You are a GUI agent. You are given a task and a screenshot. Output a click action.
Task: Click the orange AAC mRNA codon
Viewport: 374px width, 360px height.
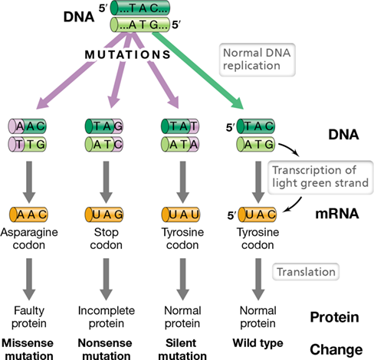(x=28, y=214)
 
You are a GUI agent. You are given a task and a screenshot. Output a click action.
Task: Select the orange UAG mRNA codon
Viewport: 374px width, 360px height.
(x=104, y=214)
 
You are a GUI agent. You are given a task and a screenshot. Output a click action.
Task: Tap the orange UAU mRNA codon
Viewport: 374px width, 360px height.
(x=180, y=214)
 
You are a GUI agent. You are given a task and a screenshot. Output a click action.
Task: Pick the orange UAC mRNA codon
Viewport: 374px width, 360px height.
(x=257, y=214)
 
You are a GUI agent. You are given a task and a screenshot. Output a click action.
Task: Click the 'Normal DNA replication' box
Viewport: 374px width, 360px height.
(x=258, y=60)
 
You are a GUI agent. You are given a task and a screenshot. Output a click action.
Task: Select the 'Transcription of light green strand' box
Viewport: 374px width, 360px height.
(x=320, y=177)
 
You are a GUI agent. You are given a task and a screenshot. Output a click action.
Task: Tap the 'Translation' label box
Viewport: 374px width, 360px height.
(x=306, y=272)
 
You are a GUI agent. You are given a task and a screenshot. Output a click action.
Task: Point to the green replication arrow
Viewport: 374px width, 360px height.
(x=198, y=71)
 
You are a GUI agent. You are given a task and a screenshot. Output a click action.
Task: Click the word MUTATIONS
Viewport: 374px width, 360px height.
(x=127, y=54)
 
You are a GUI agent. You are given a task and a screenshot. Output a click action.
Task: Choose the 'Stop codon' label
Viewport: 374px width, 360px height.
(x=106, y=238)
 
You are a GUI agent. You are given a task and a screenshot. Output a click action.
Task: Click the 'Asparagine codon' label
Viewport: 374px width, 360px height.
(x=29, y=238)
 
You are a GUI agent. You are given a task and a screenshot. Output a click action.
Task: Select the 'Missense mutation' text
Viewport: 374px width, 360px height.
(x=28, y=349)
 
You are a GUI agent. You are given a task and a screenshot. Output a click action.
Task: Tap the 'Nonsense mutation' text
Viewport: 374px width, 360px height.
(x=105, y=349)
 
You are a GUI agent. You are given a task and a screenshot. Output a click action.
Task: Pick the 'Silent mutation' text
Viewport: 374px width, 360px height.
(x=182, y=349)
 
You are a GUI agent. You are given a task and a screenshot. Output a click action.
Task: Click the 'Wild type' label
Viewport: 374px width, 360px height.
(x=258, y=343)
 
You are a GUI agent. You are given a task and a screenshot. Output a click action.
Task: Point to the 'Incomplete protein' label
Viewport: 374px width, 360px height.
(x=107, y=317)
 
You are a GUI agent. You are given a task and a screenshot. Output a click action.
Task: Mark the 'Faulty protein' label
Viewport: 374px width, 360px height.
(x=29, y=317)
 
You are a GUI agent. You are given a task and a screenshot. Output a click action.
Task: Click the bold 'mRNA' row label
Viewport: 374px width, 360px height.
(x=337, y=214)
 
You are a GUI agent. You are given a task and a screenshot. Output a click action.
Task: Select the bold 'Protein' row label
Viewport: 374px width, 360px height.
(x=334, y=317)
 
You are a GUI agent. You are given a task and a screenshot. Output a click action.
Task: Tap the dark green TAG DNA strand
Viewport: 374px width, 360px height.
(x=104, y=126)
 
